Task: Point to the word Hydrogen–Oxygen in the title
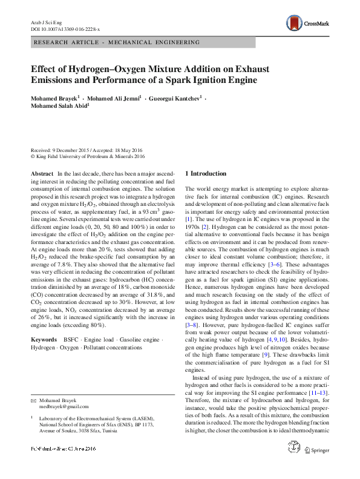pos(102,68)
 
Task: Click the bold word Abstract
pos(42,173)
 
